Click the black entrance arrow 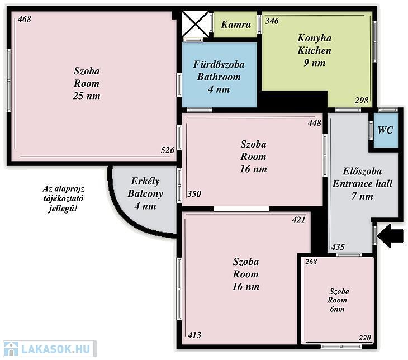point(390,236)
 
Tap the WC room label point(385,130)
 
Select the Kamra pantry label point(236,25)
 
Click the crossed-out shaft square point(195,24)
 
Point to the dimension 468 point(25,19)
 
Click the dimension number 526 point(168,150)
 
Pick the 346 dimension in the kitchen point(272,21)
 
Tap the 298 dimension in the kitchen point(362,100)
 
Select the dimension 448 point(315,122)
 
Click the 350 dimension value point(194,193)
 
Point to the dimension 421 point(298,220)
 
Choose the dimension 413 point(194,335)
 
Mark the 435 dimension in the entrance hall point(338,247)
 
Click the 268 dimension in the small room point(311,262)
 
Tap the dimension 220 point(364,338)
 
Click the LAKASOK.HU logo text point(56,349)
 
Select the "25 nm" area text point(87,96)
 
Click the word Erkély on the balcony point(145,181)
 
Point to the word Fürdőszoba point(219,64)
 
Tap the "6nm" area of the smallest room point(337,309)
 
